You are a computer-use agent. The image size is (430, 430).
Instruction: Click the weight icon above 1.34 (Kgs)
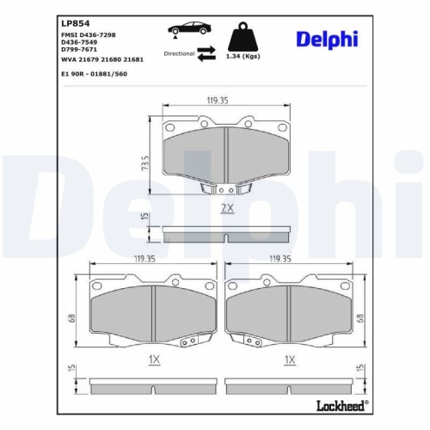coord(243,35)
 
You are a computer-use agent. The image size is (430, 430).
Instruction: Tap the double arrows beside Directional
coord(206,54)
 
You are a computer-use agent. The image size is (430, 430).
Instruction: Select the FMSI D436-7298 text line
coord(90,34)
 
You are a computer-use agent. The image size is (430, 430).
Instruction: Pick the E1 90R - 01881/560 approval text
coord(95,74)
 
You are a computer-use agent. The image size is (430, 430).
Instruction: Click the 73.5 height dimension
coord(145,162)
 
